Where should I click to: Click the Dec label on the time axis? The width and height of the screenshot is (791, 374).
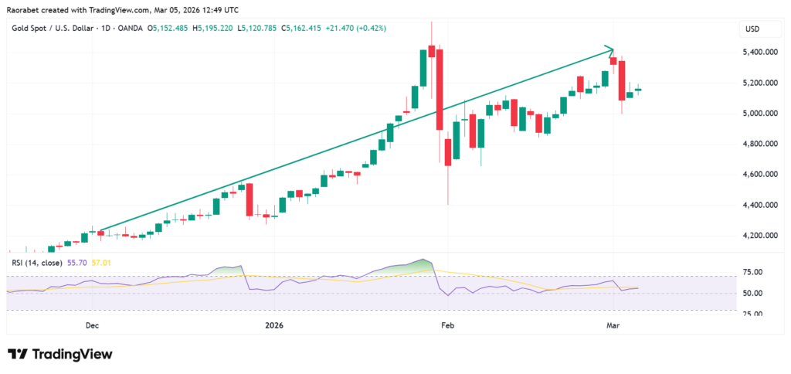point(92,326)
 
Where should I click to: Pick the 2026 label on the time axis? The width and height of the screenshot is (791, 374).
point(275,326)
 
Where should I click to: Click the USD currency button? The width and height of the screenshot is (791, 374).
point(752,29)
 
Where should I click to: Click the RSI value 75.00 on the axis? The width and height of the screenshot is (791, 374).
point(752,273)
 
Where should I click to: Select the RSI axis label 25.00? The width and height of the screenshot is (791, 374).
point(752,314)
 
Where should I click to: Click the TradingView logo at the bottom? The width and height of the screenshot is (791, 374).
point(60,354)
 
